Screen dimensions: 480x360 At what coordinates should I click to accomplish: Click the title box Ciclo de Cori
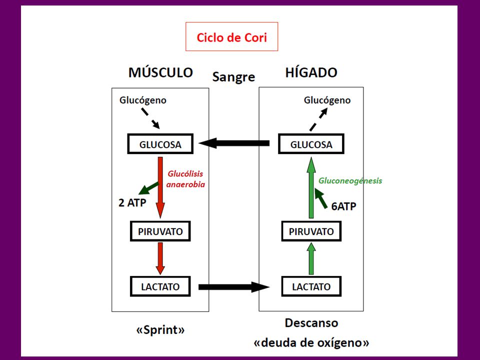[x=231, y=36]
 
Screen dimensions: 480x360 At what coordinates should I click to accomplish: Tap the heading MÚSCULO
[x=160, y=72]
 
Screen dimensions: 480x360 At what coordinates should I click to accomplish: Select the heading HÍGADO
[x=311, y=72]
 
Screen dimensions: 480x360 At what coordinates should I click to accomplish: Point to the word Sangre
[x=233, y=77]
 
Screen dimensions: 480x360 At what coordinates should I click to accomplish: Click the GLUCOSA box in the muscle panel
[x=160, y=144]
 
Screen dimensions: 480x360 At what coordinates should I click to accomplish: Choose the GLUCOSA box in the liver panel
[x=311, y=144]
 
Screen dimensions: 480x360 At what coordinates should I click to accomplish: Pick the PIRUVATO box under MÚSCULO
[x=160, y=231]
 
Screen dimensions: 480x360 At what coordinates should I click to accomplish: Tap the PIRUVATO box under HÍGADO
[x=311, y=231]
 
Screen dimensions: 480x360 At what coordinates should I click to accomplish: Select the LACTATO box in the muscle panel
[x=160, y=286]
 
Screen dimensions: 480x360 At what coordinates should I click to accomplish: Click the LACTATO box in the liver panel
[x=311, y=286]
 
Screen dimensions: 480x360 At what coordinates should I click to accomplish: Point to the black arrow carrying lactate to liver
[x=234, y=287]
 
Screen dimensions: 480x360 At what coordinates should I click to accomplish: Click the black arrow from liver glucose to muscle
[x=234, y=143]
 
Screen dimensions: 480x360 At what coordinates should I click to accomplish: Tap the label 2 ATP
[x=132, y=202]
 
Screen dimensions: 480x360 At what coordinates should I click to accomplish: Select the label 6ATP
[x=344, y=206]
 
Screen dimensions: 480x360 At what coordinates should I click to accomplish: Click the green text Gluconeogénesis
[x=350, y=180]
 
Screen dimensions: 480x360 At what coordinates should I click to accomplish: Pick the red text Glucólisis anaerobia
[x=185, y=179]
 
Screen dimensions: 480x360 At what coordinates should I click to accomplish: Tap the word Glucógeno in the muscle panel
[x=142, y=100]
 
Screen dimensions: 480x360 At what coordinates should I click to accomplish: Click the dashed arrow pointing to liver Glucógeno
[x=318, y=119]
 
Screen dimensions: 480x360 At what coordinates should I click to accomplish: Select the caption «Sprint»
[x=160, y=330]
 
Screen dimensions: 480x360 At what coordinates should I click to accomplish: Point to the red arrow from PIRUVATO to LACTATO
[x=160, y=258]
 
